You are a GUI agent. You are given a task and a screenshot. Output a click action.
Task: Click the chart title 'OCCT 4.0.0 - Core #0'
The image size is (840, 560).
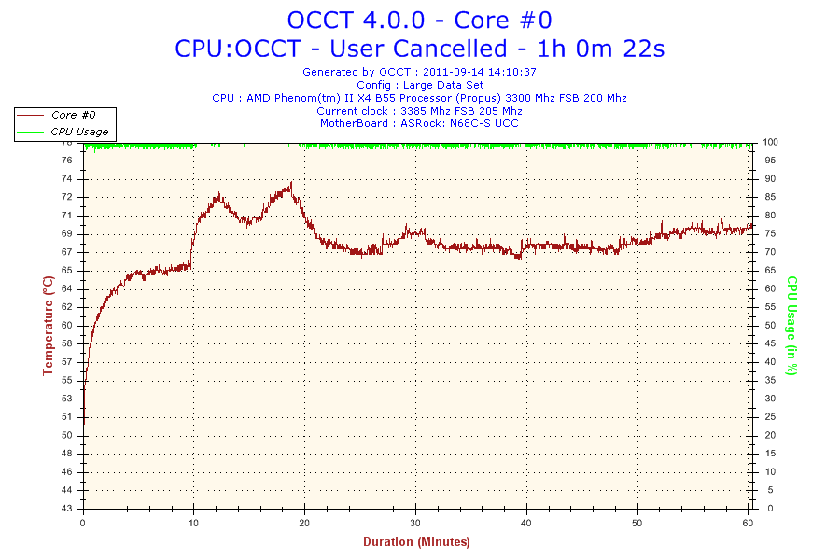click(x=419, y=20)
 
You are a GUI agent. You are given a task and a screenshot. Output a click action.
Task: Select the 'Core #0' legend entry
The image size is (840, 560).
click(x=73, y=115)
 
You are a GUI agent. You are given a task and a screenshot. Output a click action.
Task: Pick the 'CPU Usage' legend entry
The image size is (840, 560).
click(x=78, y=132)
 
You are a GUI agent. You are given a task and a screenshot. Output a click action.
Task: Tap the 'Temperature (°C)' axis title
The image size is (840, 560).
click(x=48, y=325)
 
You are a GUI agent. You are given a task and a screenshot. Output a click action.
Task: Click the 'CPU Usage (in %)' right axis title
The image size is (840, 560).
click(x=791, y=325)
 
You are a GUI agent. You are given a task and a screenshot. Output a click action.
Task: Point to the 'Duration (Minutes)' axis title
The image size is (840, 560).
click(x=416, y=541)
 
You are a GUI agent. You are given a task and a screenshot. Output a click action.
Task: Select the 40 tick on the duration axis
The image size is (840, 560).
click(x=526, y=522)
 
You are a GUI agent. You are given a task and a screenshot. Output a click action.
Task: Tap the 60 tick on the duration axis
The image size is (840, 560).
click(x=749, y=522)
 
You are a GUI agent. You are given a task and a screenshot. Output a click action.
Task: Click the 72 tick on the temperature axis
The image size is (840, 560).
click(x=66, y=197)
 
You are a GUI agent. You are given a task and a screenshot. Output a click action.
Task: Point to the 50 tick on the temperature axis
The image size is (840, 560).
click(x=66, y=435)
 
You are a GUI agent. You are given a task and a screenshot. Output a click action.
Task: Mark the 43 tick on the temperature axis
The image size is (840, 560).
click(x=66, y=509)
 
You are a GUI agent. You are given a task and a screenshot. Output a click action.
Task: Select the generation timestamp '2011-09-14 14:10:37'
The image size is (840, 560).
click(x=480, y=71)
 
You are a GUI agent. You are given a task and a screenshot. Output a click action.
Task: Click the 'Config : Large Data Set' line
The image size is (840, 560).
click(x=419, y=84)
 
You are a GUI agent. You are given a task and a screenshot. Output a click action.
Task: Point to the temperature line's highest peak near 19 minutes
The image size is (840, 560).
click(x=291, y=183)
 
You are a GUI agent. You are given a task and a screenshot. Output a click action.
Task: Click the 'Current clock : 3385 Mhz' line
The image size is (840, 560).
click(x=419, y=110)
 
